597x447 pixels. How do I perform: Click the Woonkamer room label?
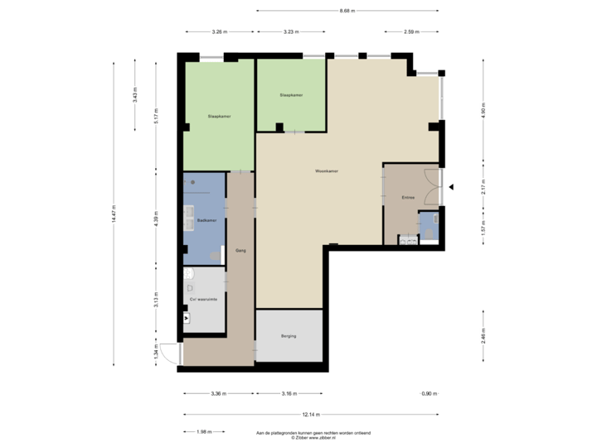click(x=327, y=171)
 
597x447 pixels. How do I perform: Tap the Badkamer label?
click(x=207, y=220)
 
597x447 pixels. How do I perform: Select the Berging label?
click(x=289, y=336)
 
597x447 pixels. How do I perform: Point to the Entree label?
click(x=408, y=198)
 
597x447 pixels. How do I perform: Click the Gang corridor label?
click(x=240, y=249)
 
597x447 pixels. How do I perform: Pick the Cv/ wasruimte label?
click(x=203, y=300)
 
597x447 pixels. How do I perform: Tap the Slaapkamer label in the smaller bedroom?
click(x=291, y=95)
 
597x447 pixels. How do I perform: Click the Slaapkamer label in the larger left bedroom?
click(x=219, y=117)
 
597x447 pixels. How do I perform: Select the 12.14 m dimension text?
click(x=310, y=414)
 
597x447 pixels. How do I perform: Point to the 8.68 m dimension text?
click(x=347, y=11)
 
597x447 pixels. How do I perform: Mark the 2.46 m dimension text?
click(x=483, y=334)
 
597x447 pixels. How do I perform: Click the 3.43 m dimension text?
click(x=135, y=96)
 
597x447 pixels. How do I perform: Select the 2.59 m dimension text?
click(x=410, y=32)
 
